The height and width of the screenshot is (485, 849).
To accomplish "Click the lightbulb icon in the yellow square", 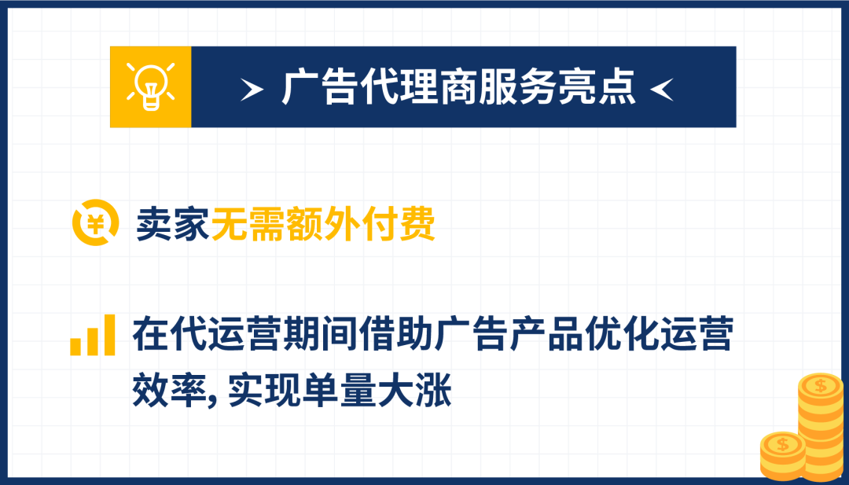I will (x=150, y=86).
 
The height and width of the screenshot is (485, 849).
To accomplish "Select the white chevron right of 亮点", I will (x=662, y=88).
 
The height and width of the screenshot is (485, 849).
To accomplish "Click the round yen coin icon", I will (x=95, y=224).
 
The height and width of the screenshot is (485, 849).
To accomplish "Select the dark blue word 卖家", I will (x=172, y=224).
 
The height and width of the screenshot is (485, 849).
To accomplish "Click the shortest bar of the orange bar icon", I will (x=76, y=347).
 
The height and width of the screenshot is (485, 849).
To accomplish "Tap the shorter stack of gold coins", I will (x=783, y=457).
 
